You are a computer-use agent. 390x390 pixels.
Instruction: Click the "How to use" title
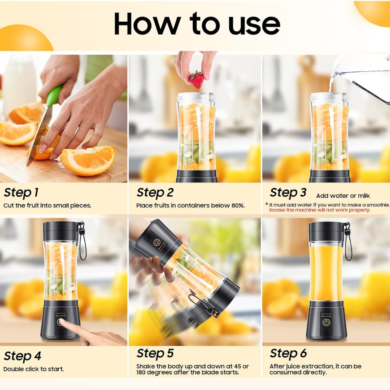[x=197, y=24]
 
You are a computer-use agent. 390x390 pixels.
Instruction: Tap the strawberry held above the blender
[x=196, y=79]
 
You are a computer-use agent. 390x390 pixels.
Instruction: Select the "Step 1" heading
[x=21, y=193]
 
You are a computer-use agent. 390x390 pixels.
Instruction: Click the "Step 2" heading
[x=155, y=193]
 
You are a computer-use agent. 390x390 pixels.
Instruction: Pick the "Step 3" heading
[x=288, y=193]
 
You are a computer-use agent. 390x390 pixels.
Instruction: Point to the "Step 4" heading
[x=22, y=356]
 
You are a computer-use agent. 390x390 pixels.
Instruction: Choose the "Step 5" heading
[x=155, y=353]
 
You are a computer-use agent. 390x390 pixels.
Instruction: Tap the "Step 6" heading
[x=288, y=353]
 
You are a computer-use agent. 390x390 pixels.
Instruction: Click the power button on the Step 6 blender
[x=326, y=323]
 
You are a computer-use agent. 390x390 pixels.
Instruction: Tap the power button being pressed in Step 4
[x=60, y=322]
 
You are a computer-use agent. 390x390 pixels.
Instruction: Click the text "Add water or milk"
[x=343, y=196]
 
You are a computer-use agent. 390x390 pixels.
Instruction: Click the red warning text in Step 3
[x=320, y=210]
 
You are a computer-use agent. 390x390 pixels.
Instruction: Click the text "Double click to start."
[x=34, y=369]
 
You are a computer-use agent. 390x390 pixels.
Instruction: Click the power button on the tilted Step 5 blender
[x=157, y=242]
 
